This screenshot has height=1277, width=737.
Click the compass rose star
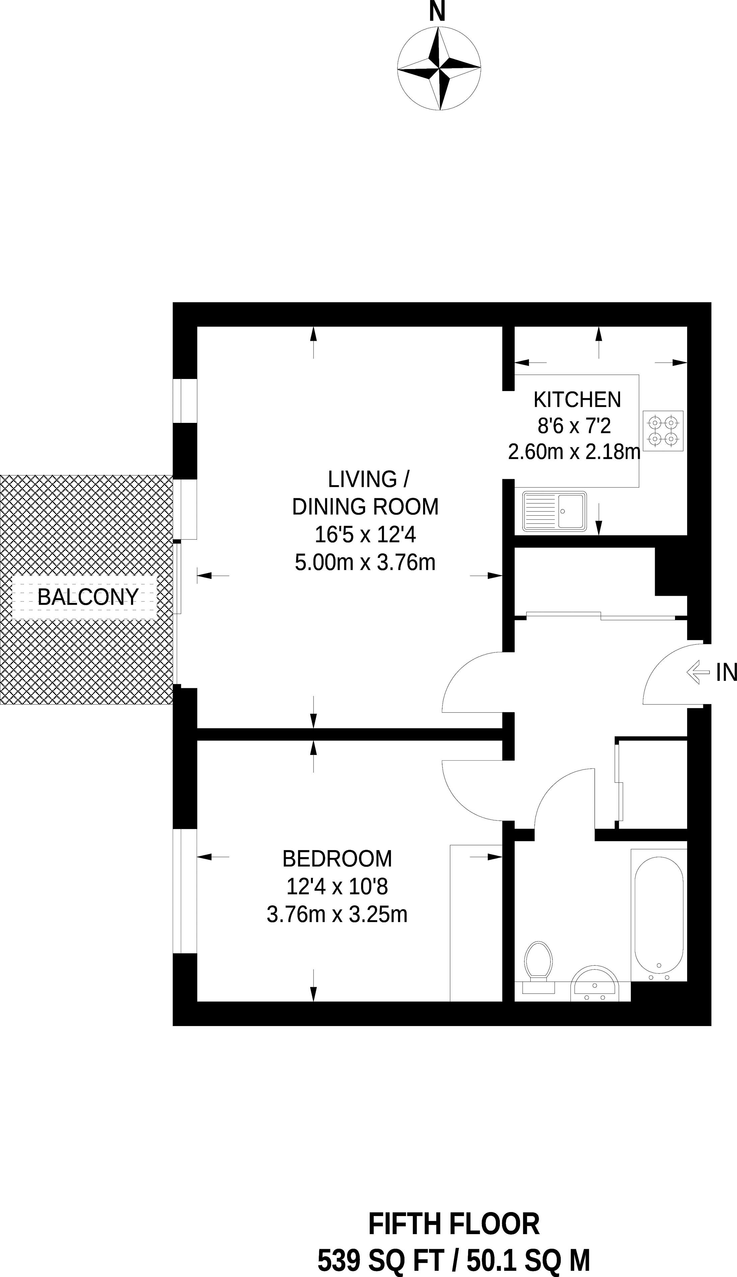click(439, 68)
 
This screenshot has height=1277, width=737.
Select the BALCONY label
click(88, 597)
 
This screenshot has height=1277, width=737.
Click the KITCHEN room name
click(577, 400)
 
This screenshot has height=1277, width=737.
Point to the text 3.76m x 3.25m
click(337, 914)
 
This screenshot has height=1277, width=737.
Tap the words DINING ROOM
click(365, 507)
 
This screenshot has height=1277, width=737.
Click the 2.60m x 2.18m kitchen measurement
click(574, 451)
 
